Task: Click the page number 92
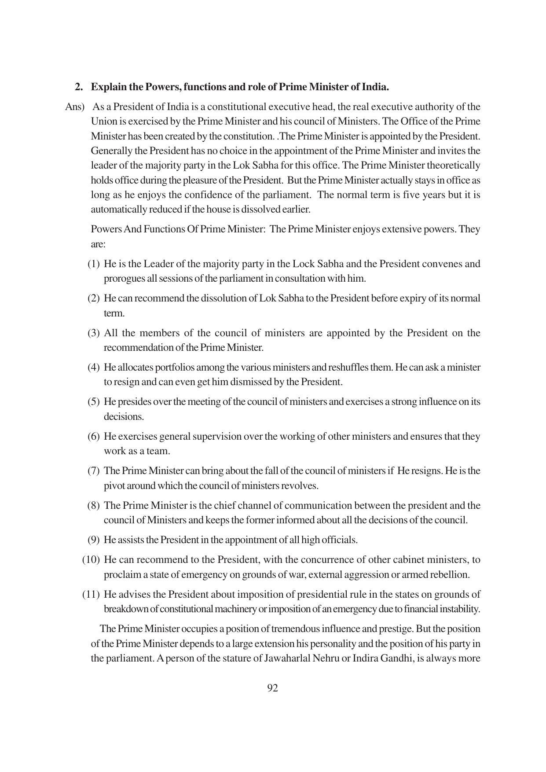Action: [x=272, y=688]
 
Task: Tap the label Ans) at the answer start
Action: [x=74, y=107]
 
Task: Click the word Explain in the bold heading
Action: [x=109, y=87]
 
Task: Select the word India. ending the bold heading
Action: [x=375, y=87]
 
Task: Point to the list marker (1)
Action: [x=93, y=264]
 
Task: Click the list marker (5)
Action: [x=93, y=401]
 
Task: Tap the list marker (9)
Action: [x=93, y=540]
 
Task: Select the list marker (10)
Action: [x=91, y=559]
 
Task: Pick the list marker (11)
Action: [x=91, y=594]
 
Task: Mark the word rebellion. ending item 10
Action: [x=451, y=574]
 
